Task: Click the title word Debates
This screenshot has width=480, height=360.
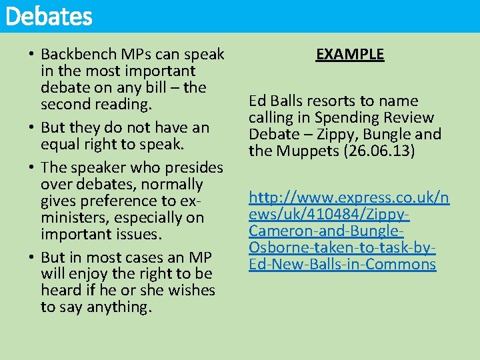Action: point(48,17)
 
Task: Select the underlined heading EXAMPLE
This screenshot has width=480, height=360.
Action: point(350,54)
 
